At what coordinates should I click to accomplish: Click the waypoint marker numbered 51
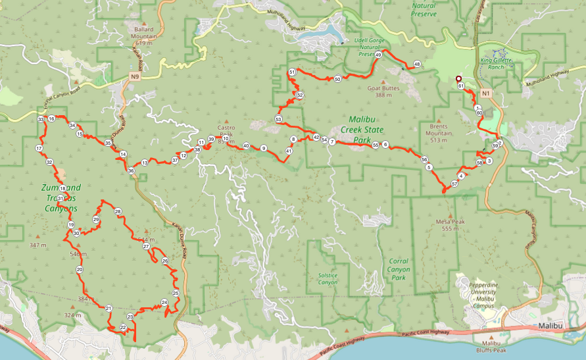pos(291,72)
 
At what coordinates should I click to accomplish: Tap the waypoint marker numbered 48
pos(417,64)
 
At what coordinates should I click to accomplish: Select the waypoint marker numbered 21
pos(109,308)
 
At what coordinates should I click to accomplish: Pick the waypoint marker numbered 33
pos(41,119)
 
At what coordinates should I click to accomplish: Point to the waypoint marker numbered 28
pos(118,211)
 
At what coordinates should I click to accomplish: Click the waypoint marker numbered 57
pos(454,184)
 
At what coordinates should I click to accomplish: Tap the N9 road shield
pos(135,76)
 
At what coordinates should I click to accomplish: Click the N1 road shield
pos(485,93)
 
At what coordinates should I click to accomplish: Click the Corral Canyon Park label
pos(399,269)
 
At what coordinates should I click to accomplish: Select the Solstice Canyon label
pos(328,278)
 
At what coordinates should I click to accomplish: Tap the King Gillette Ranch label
pos(500,63)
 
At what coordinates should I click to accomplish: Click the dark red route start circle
pos(458,79)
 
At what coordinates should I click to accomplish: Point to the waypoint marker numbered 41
pos(289,151)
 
